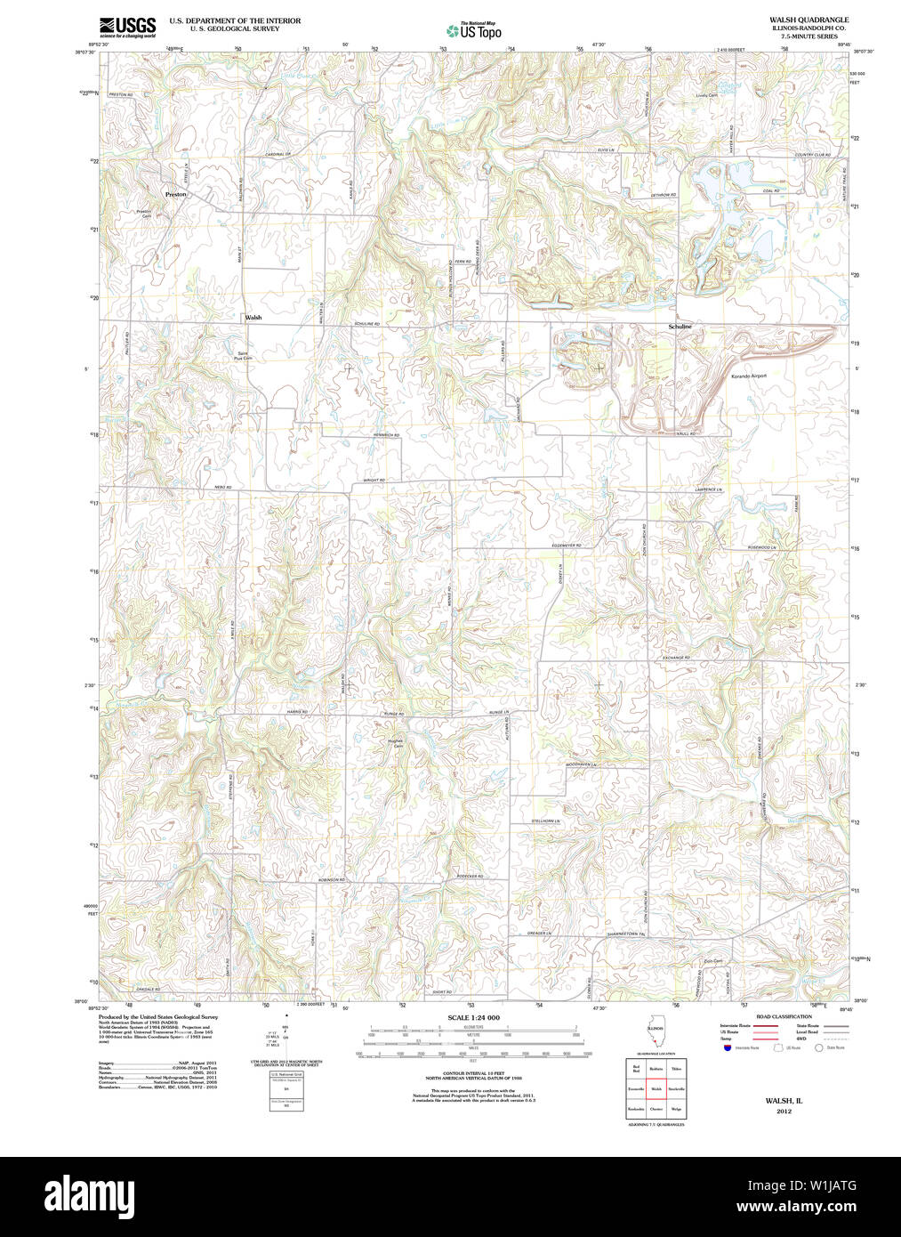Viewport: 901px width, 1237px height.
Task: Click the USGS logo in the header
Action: pyautogui.click(x=127, y=27)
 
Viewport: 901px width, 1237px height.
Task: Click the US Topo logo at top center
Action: pyautogui.click(x=473, y=30)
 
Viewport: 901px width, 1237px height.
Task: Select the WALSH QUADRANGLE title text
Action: pyautogui.click(x=796, y=20)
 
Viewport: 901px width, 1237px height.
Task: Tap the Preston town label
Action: pyautogui.click(x=176, y=194)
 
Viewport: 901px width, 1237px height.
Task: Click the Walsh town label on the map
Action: pyautogui.click(x=253, y=317)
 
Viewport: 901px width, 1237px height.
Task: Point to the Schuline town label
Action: pyautogui.click(x=680, y=327)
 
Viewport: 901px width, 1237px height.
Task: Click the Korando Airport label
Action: pyautogui.click(x=748, y=376)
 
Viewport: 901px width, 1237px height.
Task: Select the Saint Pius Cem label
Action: pyautogui.click(x=244, y=355)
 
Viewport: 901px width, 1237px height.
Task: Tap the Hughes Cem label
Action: pyautogui.click(x=396, y=743)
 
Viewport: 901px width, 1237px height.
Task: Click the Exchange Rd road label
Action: pyautogui.click(x=676, y=658)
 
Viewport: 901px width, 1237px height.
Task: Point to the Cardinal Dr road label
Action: pyautogui.click(x=278, y=155)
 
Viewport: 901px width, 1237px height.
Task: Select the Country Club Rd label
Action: pyautogui.click(x=812, y=155)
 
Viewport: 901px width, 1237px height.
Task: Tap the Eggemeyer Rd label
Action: pyautogui.click(x=566, y=546)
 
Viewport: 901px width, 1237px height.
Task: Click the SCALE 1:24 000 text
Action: pyautogui.click(x=473, y=1017)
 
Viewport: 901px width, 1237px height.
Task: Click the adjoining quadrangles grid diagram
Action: pyautogui.click(x=656, y=1087)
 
